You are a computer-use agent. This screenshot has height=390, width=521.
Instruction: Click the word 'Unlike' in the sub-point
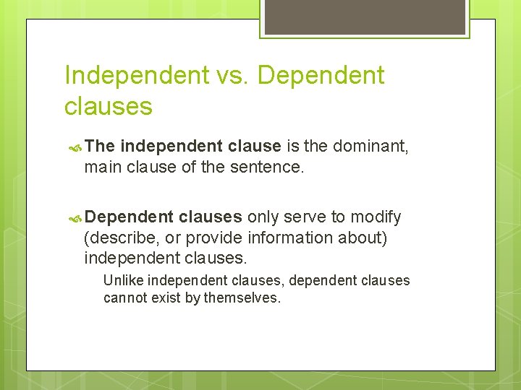coord(122,280)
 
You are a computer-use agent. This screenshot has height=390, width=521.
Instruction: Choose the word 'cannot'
coord(125,298)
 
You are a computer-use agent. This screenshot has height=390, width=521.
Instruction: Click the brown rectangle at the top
coord(365,17)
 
